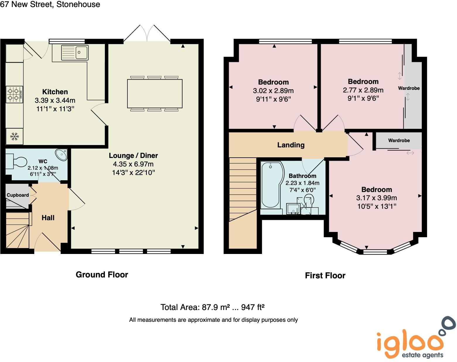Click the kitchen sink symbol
pos(75,52)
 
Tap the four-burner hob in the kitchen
pos(14,94)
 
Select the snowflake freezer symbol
pos(14,136)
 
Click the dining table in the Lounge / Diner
pos(155,94)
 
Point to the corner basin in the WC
pos(62,154)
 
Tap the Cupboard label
pos(18,195)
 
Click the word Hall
pos(48,218)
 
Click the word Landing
pos(291,145)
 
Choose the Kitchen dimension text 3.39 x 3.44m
pos(55,100)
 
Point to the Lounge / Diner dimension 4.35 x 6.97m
pos(133,164)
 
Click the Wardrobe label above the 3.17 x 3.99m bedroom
pos(399,140)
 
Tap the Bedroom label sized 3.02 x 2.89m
pos(273,82)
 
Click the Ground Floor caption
pos(102,275)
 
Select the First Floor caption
pos(325,275)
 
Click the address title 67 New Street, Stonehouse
pos(50,4)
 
